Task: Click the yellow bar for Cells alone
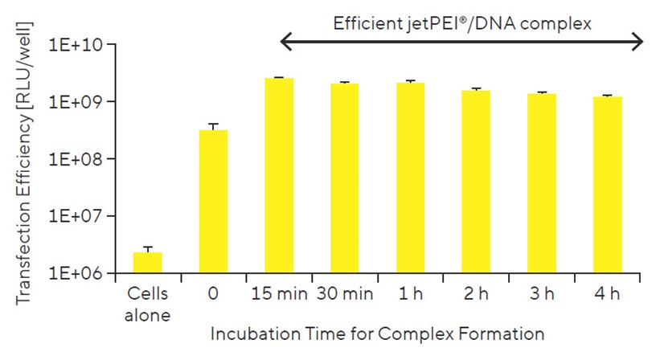click(147, 263)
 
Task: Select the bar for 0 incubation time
click(213, 202)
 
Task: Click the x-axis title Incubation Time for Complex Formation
click(378, 333)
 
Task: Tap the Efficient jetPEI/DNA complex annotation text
click(462, 22)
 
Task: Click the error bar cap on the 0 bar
click(213, 124)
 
